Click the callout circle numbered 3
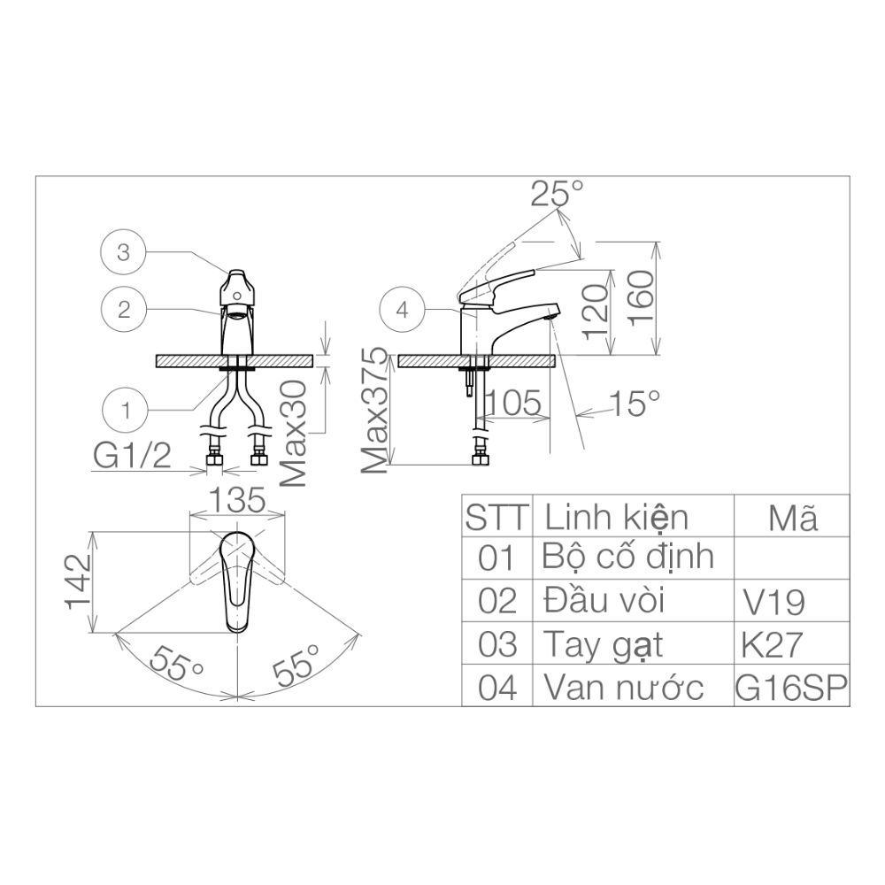(124, 253)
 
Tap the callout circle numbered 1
(127, 410)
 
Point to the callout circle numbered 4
(403, 310)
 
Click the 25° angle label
(557, 194)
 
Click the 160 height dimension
(642, 296)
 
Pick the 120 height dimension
(596, 309)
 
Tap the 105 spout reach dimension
(512, 404)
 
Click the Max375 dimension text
(376, 411)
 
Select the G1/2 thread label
(132, 457)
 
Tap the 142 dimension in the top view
(77, 581)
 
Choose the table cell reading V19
(773, 603)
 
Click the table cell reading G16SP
(791, 687)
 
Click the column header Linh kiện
(616, 515)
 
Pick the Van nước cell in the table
(623, 687)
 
